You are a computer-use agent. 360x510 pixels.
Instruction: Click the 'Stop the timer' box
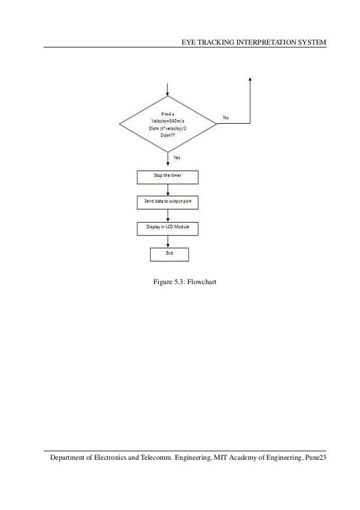pyautogui.click(x=168, y=177)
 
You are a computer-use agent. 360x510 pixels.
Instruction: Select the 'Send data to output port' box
pyautogui.click(x=168, y=202)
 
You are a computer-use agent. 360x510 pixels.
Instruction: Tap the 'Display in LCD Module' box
pyautogui.click(x=168, y=228)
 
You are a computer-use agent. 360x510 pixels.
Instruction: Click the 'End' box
pyautogui.click(x=169, y=254)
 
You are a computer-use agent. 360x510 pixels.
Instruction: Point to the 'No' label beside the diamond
pyautogui.click(x=226, y=117)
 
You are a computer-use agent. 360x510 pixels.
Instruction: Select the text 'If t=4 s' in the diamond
pyautogui.click(x=168, y=114)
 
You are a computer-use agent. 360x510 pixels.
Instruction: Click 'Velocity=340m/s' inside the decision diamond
pyautogui.click(x=168, y=121)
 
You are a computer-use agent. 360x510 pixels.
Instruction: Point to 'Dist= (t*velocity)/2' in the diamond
pyautogui.click(x=168, y=128)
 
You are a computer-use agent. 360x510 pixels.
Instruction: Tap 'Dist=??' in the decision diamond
pyautogui.click(x=168, y=134)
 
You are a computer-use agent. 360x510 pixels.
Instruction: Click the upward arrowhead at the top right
pyautogui.click(x=249, y=79)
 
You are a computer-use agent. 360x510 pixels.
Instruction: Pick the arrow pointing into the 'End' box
pyautogui.click(x=168, y=242)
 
